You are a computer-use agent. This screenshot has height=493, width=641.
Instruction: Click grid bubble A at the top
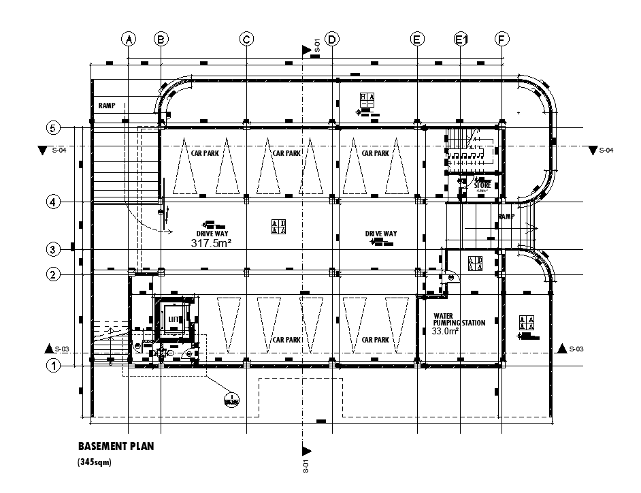[128, 39]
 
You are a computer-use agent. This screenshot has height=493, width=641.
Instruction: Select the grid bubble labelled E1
[461, 39]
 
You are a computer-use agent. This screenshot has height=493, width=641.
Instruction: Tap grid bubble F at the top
[502, 39]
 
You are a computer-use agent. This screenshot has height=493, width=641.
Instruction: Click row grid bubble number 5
[53, 128]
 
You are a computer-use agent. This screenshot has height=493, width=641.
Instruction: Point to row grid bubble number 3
[53, 249]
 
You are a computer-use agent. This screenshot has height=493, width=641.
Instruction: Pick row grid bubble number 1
[53, 366]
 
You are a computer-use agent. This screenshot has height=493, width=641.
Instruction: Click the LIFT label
[174, 319]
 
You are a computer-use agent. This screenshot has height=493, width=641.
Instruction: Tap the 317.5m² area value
[212, 243]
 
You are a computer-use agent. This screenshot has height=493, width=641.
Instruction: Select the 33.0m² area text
[446, 331]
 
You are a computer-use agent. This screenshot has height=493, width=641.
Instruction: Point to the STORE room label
[482, 185]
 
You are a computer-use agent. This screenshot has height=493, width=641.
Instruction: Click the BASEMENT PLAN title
[115, 447]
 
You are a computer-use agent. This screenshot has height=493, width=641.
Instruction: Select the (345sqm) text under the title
[94, 462]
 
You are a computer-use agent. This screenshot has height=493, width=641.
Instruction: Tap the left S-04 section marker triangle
[44, 150]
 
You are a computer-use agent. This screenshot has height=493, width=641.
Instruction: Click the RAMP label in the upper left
[106, 106]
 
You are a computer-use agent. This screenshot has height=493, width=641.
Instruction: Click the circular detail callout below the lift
[231, 400]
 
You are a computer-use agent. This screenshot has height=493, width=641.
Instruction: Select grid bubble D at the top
[332, 39]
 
